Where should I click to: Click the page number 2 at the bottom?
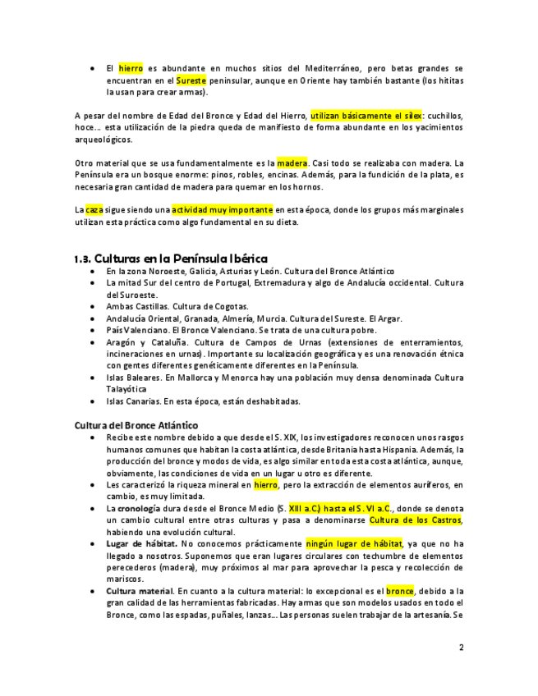click(x=461, y=648)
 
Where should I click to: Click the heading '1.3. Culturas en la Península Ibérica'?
click(x=171, y=259)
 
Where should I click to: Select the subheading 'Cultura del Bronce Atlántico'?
click(x=136, y=425)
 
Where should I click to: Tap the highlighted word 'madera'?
click(x=292, y=163)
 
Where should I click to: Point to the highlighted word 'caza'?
click(x=94, y=210)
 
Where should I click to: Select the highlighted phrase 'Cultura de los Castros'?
click(x=416, y=520)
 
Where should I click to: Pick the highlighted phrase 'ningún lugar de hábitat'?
click(x=354, y=543)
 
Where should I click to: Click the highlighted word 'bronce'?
click(x=400, y=591)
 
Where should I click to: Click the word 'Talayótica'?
click(x=126, y=389)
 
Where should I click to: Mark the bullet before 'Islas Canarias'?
click(x=93, y=401)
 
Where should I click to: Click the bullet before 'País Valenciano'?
click(x=93, y=330)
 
